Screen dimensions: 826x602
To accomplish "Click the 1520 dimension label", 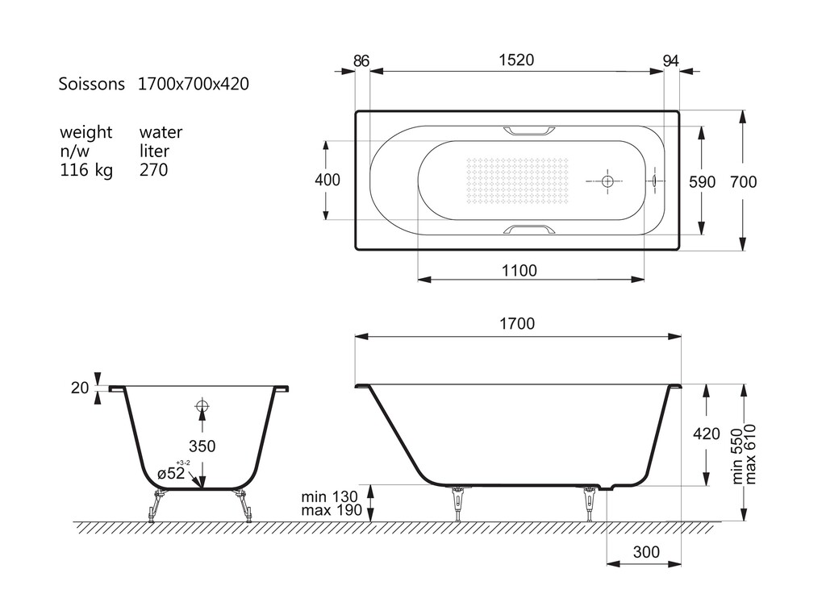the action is (516, 60).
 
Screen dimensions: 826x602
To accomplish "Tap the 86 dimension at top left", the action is (361, 61).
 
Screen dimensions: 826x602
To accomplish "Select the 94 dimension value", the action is (670, 61).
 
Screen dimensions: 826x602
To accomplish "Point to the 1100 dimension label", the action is (519, 271).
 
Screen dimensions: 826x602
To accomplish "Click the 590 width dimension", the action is (703, 182).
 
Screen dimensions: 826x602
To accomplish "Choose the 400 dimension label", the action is (327, 180).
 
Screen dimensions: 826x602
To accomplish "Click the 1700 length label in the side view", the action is (517, 323).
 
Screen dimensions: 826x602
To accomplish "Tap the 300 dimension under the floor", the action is (646, 552).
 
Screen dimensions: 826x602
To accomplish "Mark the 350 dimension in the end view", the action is (202, 446).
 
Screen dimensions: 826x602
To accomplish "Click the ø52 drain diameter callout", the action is (171, 473).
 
